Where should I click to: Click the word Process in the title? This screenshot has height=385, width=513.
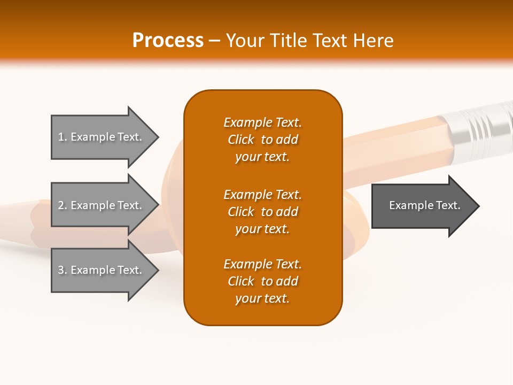point(168,41)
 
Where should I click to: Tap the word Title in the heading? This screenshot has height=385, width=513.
point(289,41)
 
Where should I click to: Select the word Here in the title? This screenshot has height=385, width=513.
point(373,41)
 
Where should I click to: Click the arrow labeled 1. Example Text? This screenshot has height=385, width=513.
point(105,137)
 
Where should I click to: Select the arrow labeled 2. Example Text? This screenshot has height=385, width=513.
point(105,205)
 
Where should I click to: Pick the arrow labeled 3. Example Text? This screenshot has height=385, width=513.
point(105,269)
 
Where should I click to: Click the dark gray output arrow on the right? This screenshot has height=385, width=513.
point(425,206)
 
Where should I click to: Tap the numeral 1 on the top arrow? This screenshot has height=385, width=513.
point(61,137)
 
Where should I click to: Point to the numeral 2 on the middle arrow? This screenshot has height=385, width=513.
point(61,205)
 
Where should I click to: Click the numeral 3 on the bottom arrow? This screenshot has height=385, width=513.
point(61,270)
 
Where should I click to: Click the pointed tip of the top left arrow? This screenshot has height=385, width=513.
point(159,137)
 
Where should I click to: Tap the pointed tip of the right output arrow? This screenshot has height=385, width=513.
point(479,206)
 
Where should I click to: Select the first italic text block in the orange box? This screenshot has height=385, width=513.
point(263,140)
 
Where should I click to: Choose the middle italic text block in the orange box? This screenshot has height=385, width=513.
point(263,212)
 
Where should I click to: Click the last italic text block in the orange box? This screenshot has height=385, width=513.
point(263,281)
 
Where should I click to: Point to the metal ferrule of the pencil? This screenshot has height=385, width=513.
point(481,129)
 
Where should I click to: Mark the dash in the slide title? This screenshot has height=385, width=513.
point(214,42)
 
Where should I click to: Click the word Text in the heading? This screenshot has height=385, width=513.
point(330,41)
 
